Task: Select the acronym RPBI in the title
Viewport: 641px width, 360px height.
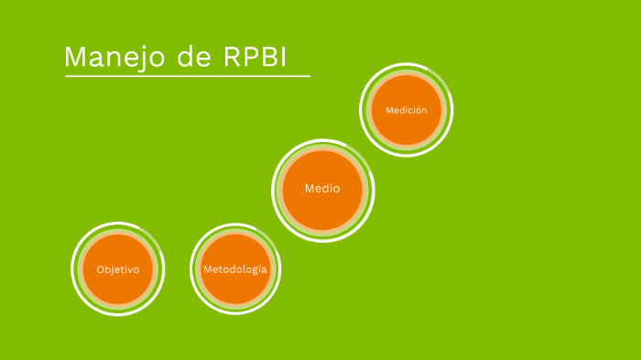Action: (x=255, y=58)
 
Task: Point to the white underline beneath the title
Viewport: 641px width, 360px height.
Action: (x=188, y=76)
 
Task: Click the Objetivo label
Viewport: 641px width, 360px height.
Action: (x=117, y=269)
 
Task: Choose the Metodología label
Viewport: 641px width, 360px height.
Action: (x=235, y=269)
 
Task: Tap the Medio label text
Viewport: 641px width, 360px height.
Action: (x=322, y=189)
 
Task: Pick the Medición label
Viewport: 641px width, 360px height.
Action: (x=407, y=110)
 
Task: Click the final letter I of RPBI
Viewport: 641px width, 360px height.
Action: (x=283, y=58)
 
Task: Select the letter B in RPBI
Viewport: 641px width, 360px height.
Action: (x=268, y=58)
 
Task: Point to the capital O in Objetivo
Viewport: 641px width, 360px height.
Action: (x=101, y=269)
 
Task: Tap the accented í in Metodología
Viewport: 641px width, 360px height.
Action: (x=259, y=269)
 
